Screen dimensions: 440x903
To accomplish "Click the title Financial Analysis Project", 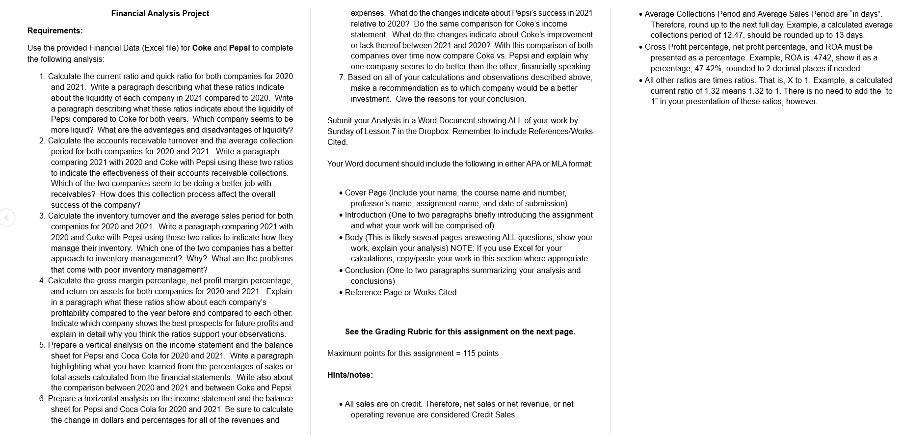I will [160, 14].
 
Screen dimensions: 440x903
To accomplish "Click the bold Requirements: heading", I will [55, 31].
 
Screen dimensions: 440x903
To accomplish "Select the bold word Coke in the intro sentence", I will [202, 48].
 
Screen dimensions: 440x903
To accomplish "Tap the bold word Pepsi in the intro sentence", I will [239, 48].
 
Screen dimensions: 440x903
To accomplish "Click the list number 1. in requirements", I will [43, 77].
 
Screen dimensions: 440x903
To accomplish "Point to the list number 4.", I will [42, 281].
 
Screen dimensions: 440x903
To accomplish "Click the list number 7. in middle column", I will [342, 78].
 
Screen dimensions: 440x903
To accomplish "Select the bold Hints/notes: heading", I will [350, 375].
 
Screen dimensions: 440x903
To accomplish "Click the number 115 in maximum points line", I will [469, 354].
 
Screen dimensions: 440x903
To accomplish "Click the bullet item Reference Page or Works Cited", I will [400, 293].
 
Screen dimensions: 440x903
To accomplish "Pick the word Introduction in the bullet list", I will [366, 215].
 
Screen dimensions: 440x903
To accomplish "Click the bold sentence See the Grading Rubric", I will [460, 332].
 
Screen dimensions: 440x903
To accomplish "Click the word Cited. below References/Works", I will [338, 142].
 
